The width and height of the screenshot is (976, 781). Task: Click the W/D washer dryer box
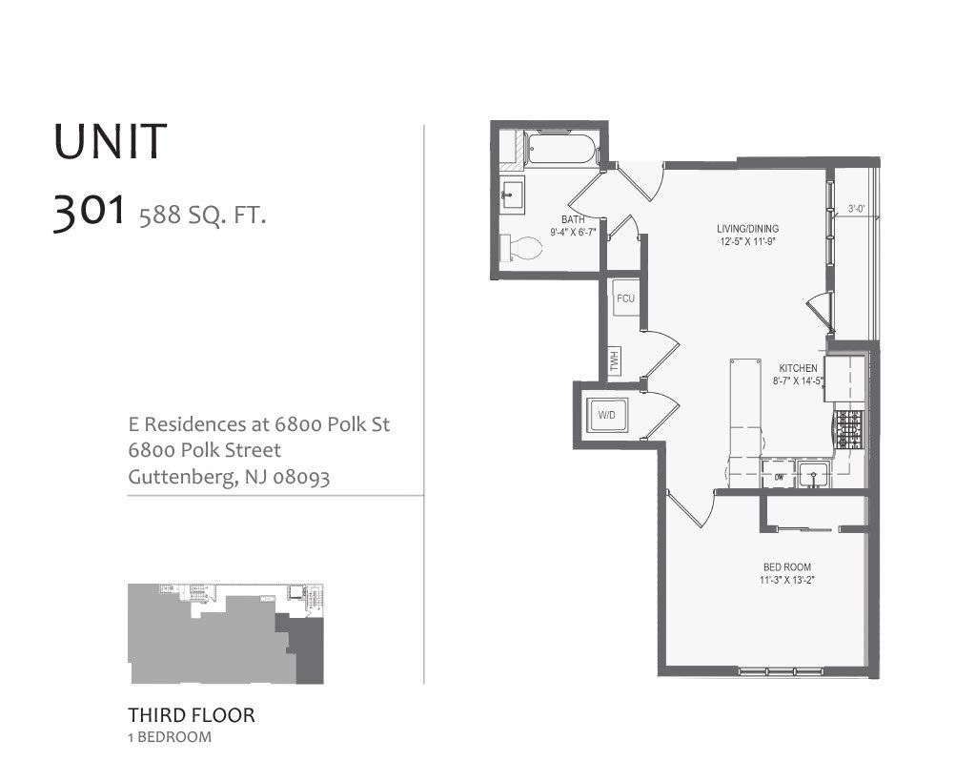coord(606,416)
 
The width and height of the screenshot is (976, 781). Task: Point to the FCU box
coord(625,298)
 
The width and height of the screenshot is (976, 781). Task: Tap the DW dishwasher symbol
coord(779,474)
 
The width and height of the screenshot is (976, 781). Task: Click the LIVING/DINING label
coord(747,229)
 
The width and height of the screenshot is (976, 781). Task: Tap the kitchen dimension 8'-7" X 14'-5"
coord(798,380)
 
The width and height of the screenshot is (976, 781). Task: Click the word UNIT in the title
coord(111,141)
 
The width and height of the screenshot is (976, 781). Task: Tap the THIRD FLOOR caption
coord(192,714)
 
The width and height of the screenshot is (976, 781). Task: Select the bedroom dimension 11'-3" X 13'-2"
coord(785,580)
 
